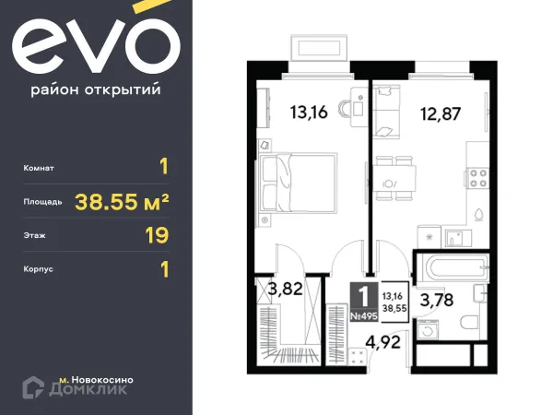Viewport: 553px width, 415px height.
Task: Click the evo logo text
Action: click(96, 47)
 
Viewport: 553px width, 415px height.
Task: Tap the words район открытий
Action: click(96, 89)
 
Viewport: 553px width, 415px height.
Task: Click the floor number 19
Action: click(157, 235)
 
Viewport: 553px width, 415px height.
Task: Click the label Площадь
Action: click(43, 201)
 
